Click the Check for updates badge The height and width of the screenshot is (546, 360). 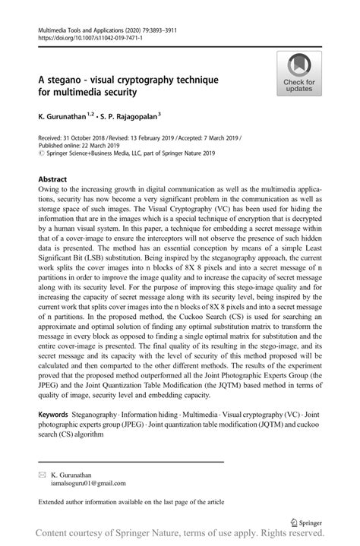[299, 74]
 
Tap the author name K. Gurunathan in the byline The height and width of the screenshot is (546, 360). [63, 116]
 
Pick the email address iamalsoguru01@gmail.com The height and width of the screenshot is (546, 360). [77, 482]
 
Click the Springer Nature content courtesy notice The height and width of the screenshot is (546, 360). [180, 535]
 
